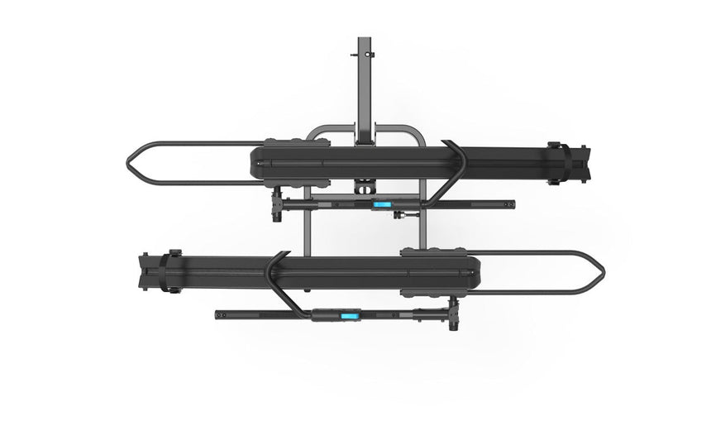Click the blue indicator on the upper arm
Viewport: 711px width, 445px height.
(382, 203)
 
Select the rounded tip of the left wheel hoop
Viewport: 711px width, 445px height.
(131, 164)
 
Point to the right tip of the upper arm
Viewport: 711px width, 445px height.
(511, 203)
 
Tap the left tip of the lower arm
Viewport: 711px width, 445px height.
(218, 313)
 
